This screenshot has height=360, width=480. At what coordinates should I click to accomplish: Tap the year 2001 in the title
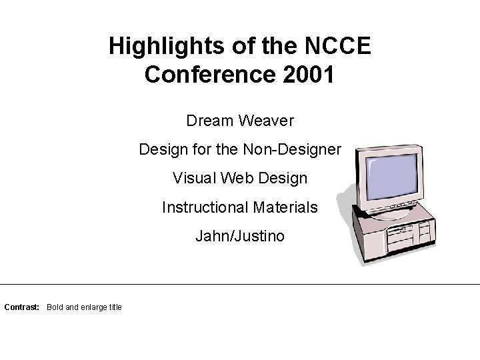click(x=309, y=75)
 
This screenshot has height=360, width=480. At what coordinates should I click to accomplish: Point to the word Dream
click(x=208, y=121)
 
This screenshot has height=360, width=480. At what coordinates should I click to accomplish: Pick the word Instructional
click(x=204, y=207)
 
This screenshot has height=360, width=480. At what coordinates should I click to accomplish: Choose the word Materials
click(x=285, y=207)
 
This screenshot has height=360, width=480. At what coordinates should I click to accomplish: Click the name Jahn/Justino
click(x=240, y=236)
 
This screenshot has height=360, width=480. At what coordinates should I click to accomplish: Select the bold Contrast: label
click(x=22, y=307)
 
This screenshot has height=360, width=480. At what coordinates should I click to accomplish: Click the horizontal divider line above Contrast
click(x=240, y=284)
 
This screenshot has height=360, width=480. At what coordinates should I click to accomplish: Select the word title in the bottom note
click(x=115, y=307)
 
